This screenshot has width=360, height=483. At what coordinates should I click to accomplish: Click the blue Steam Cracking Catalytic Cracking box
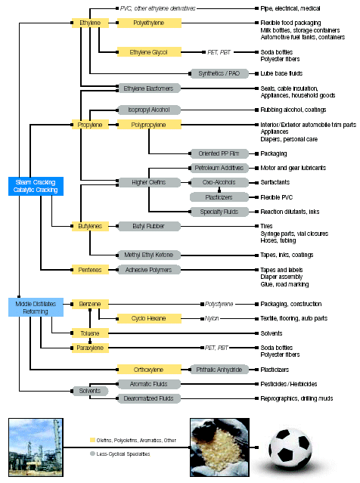tap(36, 186)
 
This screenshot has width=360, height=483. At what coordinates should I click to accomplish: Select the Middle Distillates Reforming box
tap(36, 308)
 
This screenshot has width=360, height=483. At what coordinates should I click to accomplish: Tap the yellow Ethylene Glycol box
tap(149, 52)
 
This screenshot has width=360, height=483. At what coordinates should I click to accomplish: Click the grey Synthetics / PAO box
tap(219, 73)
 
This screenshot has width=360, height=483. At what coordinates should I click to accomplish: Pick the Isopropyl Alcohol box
tap(149, 110)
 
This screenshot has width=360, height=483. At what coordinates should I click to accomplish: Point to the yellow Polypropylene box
tap(149, 125)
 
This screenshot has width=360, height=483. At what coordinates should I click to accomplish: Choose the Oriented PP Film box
tap(219, 153)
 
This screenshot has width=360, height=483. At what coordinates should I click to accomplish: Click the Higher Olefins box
tap(149, 182)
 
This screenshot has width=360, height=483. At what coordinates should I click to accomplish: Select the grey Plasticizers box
tap(219, 197)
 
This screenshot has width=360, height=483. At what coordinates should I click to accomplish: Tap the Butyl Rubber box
tap(149, 226)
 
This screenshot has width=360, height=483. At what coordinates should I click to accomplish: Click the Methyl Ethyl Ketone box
tap(149, 255)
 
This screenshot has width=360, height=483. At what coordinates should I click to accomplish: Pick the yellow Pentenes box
tap(90, 270)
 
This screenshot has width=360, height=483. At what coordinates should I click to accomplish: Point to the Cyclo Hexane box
tap(149, 318)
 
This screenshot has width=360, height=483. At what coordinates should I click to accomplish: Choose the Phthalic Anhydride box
tap(219, 370)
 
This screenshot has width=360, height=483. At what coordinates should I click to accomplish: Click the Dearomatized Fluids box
tap(149, 398)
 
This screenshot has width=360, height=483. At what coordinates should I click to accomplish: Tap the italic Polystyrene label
tap(219, 305)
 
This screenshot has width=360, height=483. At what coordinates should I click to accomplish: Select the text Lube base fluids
tap(281, 73)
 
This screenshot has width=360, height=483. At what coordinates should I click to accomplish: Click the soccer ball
tap(290, 447)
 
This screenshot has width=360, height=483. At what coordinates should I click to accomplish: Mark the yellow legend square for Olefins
tap(92, 440)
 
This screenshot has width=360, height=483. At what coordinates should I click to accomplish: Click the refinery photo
tap(36, 447)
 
